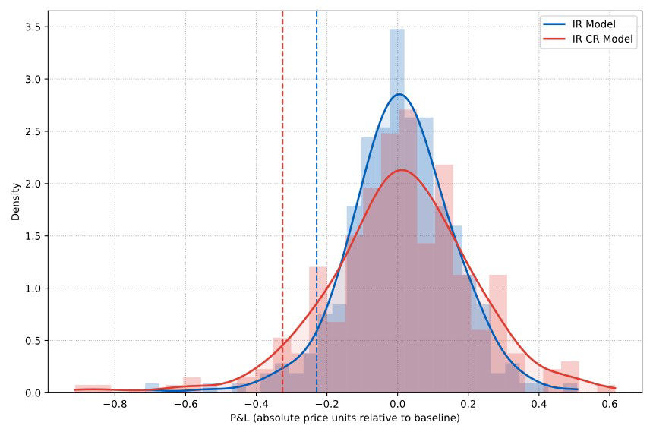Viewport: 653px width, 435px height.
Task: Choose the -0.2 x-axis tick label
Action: (326, 405)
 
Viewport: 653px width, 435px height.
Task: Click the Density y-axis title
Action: (16, 201)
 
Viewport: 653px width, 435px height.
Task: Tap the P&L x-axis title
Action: (345, 418)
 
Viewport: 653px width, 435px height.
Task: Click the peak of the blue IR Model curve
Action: (398, 95)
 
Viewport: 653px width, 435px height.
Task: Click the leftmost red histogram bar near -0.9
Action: (93, 389)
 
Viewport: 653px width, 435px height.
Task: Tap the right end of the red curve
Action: (615, 388)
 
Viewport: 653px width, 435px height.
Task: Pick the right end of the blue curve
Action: (577, 389)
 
